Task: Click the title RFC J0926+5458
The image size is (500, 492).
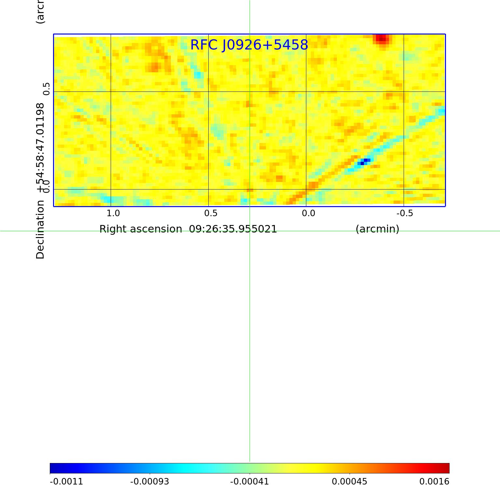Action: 249,45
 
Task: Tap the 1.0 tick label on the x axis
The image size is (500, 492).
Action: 113,213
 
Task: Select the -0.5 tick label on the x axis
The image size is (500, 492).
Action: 405,213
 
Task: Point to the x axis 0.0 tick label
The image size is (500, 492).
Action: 308,213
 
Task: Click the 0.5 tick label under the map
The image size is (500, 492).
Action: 211,213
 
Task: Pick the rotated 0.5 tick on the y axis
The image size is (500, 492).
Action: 47,89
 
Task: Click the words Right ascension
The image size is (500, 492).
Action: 141,229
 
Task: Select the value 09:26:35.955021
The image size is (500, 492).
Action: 233,229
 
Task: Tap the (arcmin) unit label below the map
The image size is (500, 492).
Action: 377,229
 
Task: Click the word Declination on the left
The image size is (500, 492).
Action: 40,230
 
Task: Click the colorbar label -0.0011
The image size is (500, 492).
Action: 66,481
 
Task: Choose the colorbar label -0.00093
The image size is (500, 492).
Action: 150,481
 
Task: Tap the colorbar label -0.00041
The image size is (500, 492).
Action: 250,481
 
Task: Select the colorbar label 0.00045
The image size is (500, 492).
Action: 350,481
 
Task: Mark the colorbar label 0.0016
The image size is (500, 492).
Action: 434,481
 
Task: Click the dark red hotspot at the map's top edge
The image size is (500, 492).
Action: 382,38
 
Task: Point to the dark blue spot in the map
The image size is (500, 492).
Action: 364,161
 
